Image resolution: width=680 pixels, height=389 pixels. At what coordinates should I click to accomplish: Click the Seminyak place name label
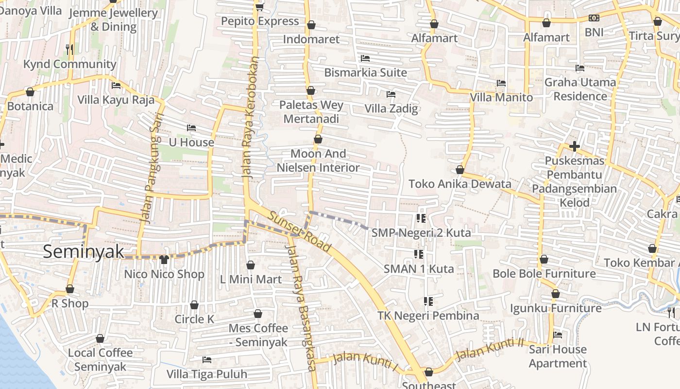click(x=83, y=252)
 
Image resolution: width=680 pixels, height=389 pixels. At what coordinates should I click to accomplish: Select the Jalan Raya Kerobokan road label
click(x=250, y=117)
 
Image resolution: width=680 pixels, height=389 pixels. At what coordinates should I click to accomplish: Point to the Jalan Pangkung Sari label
click(x=152, y=168)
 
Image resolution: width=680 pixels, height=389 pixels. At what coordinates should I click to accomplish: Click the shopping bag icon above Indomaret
click(x=311, y=25)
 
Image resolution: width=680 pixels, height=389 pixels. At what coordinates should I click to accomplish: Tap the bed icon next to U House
click(x=191, y=128)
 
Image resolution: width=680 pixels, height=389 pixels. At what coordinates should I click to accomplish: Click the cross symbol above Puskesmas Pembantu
click(x=575, y=146)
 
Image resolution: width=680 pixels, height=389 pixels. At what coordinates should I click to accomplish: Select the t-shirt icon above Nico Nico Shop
click(x=164, y=260)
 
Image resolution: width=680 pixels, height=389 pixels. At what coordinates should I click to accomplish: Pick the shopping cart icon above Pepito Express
click(x=259, y=6)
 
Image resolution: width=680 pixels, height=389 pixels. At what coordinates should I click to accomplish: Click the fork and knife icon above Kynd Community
click(x=69, y=49)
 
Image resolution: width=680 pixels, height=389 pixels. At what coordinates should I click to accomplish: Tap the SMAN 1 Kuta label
click(x=419, y=268)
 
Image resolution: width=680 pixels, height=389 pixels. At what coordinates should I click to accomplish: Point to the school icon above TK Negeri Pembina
click(x=428, y=301)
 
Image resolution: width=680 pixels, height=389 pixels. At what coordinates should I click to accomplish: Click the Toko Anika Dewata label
click(x=459, y=184)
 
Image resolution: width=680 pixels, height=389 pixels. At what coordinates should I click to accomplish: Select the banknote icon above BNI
click(x=594, y=18)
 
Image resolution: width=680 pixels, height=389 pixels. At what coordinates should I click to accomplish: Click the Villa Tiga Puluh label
click(x=207, y=374)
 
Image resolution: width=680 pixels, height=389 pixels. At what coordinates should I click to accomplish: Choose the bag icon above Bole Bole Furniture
click(x=544, y=259)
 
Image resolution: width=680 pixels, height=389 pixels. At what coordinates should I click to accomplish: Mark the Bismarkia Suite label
click(x=365, y=72)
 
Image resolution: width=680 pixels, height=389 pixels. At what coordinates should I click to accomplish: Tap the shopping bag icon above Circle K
click(x=194, y=305)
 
